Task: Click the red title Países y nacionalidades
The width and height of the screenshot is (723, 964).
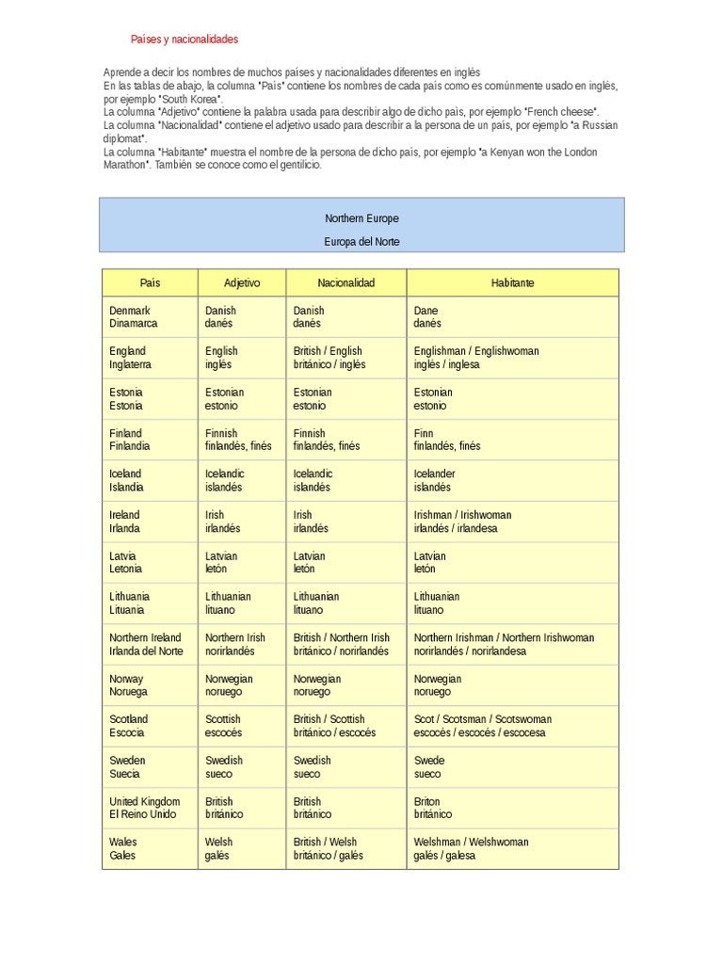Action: click(x=184, y=40)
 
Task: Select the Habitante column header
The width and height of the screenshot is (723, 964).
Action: click(x=512, y=282)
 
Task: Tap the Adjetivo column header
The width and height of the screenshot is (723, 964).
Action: click(x=242, y=282)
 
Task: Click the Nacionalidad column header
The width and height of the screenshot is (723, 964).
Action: click(x=345, y=282)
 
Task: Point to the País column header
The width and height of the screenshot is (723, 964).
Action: click(x=150, y=282)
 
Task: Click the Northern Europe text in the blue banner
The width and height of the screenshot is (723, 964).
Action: click(x=361, y=218)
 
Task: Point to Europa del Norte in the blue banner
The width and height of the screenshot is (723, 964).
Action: click(x=361, y=242)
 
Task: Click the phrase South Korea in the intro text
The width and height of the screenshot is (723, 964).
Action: click(x=191, y=99)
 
